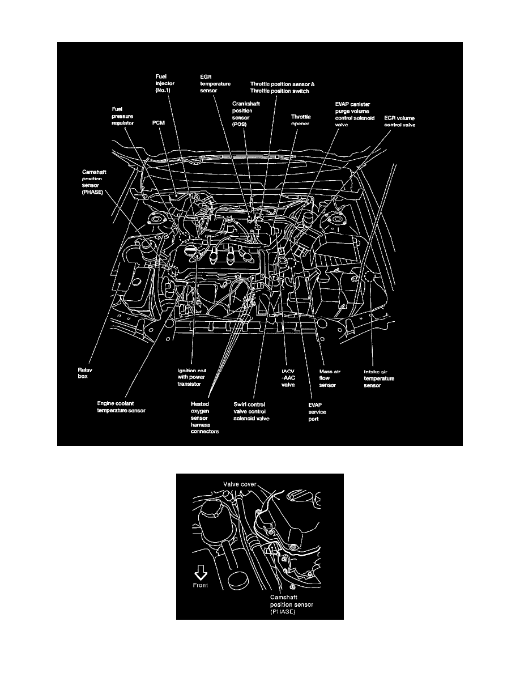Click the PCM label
pos(159,122)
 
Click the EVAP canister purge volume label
pos(355,113)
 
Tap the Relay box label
pos(84,372)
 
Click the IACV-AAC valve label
pos(289,378)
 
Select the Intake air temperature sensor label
pos(379,378)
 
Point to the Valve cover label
pos(238,484)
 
